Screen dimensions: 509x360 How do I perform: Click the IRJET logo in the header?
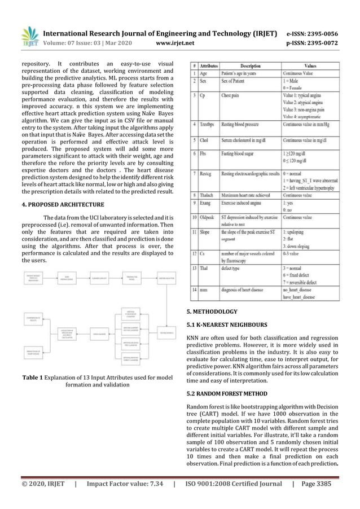click(29, 36)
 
